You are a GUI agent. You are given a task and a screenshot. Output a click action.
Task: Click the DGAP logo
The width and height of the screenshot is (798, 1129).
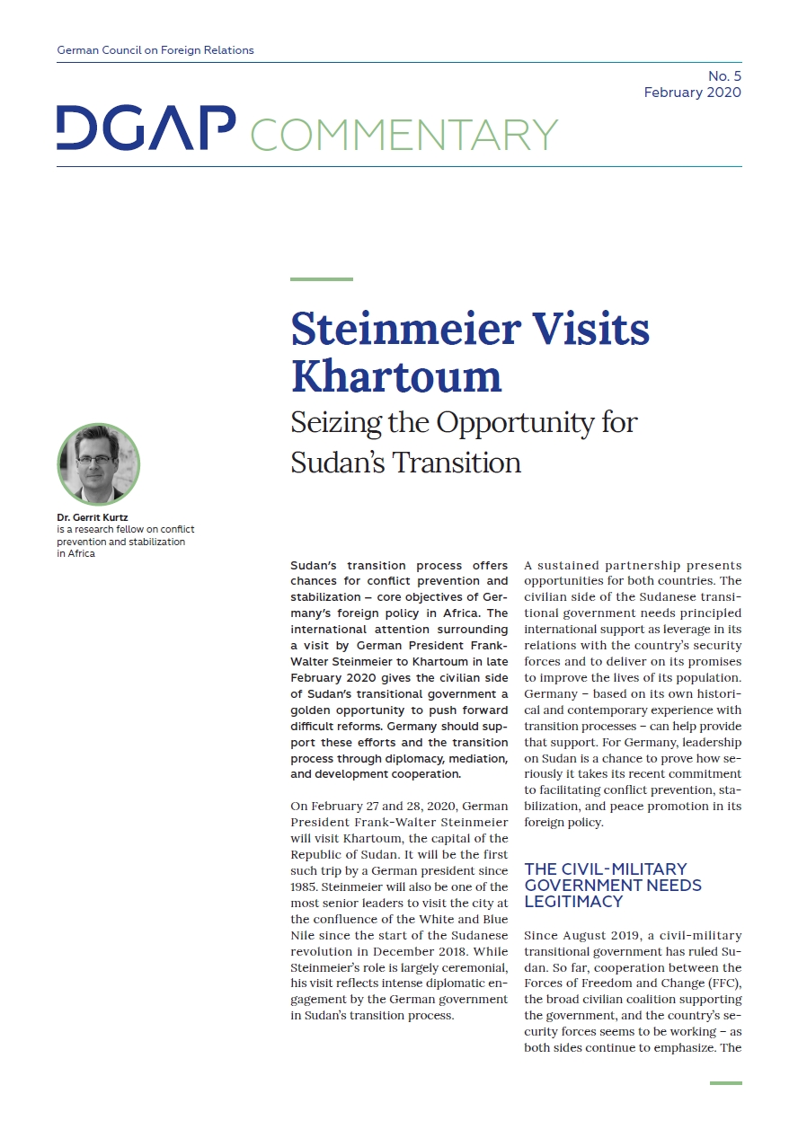[146, 128]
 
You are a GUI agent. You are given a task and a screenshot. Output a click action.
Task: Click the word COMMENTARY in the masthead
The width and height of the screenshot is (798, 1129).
[403, 134]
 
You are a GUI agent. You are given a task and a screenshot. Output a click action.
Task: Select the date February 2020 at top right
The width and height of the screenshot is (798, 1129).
[692, 93]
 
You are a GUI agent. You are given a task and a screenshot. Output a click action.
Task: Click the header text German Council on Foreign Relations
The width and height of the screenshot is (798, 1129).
[155, 50]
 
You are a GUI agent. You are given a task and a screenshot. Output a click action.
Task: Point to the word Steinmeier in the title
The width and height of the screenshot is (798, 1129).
[407, 330]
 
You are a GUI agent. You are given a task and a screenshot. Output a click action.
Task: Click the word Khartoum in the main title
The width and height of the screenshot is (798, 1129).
[395, 375]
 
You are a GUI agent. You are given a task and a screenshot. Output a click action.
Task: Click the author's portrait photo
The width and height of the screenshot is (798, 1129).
[99, 464]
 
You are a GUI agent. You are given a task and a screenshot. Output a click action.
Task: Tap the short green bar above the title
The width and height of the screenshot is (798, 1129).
[321, 279]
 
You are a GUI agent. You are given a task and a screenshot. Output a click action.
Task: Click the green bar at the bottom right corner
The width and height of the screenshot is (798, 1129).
[725, 1083]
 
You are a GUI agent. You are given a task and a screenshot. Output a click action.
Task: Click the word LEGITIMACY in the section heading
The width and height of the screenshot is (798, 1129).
[573, 901]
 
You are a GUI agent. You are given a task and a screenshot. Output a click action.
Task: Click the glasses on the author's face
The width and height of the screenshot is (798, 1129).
[95, 458]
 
